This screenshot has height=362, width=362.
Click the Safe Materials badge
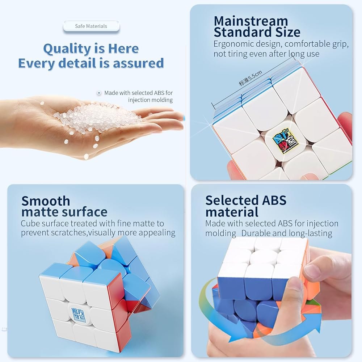[91, 26]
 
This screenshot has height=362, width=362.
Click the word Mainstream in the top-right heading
[251, 21]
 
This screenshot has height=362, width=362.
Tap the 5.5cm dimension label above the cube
[251, 78]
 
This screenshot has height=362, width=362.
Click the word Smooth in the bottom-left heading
[46, 201]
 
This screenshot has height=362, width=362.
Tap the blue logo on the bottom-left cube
[79, 315]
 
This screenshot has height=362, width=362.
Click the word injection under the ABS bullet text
[150, 100]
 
